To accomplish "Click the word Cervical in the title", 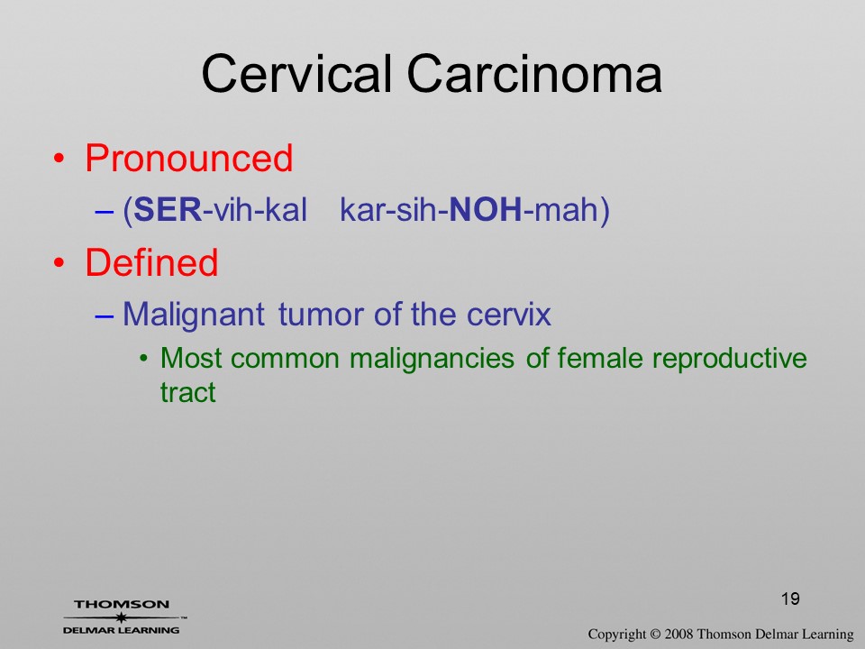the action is click(x=296, y=74).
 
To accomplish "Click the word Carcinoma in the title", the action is click(x=534, y=74).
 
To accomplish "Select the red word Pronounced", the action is click(x=188, y=159).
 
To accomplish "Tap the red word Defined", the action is click(x=151, y=262).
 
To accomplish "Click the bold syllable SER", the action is click(x=168, y=210).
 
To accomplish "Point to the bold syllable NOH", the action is click(x=486, y=210).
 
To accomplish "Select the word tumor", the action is click(x=323, y=315).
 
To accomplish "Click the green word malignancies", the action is click(x=432, y=359).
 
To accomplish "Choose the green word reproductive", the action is click(x=729, y=359).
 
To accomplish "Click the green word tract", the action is click(x=187, y=392).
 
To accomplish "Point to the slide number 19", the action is click(x=790, y=599).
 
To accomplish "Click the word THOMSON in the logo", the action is click(x=122, y=604).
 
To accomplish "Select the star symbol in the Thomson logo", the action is click(x=121, y=617).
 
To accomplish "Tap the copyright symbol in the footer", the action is click(x=655, y=635).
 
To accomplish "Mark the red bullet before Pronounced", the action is click(x=59, y=159).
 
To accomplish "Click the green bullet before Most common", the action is click(x=144, y=359).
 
